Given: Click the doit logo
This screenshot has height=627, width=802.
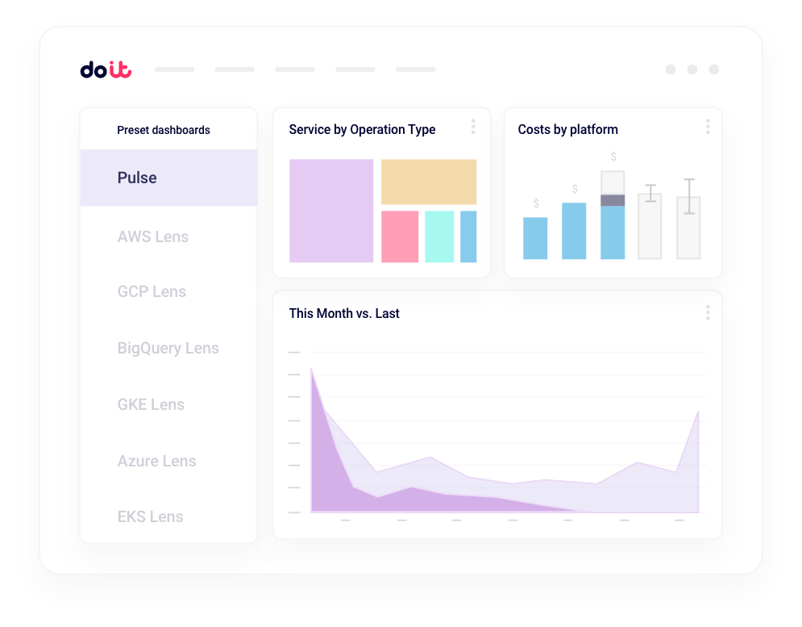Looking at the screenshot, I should point(106,70).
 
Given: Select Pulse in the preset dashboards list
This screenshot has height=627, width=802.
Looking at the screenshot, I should point(137,178).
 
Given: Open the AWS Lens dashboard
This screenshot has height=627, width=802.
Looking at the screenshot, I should point(152,236).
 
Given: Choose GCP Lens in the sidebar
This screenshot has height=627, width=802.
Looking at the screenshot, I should point(152,291).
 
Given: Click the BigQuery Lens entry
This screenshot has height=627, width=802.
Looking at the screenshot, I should point(168,348).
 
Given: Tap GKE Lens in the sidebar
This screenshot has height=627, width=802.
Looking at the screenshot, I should point(151,404).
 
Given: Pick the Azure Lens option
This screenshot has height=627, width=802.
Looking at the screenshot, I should point(156,461).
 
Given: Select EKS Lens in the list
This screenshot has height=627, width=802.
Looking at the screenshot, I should point(150,516).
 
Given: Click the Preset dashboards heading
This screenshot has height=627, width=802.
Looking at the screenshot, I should point(164,130).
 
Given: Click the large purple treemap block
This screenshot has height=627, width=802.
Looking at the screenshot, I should point(331,211).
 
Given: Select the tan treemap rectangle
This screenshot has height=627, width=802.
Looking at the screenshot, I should point(429,182).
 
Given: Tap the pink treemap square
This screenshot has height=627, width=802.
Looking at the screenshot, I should point(400,236).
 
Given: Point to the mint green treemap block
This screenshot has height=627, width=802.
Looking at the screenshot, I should point(439,236).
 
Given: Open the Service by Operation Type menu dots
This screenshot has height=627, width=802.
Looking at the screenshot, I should point(473,127).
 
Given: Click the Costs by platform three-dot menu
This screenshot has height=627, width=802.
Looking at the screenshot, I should point(708,127).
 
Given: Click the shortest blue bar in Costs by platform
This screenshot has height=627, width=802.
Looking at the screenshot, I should point(535,238).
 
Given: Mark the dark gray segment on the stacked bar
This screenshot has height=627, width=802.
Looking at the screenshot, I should point(613,200).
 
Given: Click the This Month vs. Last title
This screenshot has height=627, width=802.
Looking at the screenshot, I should point(344,313).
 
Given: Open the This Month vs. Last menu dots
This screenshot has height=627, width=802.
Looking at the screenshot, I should point(708,312).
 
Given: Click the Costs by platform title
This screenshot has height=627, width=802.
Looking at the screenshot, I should point(567,129).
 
